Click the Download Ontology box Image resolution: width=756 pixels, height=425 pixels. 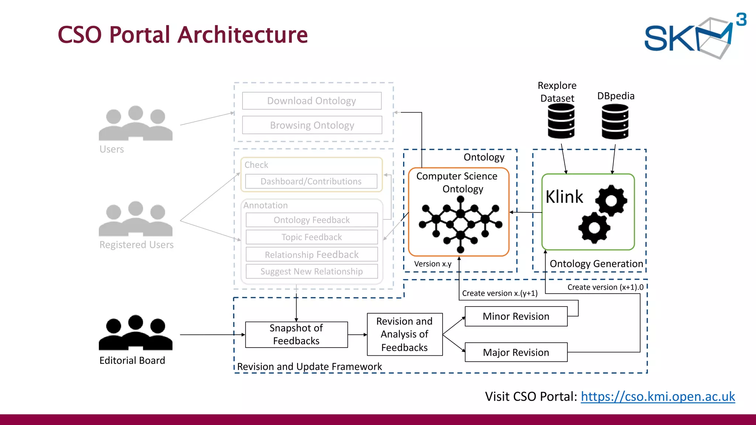click(312, 101)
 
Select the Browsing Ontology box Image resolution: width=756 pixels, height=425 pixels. click(312, 125)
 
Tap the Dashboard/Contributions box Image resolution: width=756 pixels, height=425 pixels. click(311, 181)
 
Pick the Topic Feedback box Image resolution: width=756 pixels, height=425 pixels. click(312, 237)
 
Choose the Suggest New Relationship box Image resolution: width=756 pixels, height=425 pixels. click(312, 271)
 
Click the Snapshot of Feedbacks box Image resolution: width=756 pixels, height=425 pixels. click(296, 334)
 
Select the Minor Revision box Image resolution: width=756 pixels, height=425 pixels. click(516, 316)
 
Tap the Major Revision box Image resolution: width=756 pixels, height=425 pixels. click(516, 352)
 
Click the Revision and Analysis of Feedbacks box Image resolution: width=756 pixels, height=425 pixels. click(405, 334)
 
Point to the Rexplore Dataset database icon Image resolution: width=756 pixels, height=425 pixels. click(561, 121)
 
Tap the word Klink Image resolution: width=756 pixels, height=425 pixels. click(564, 197)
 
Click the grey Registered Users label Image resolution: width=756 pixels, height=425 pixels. click(136, 245)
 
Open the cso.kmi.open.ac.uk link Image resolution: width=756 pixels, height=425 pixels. click(658, 396)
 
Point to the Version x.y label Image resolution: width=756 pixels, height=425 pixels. click(433, 264)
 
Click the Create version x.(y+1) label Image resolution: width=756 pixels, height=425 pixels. click(499, 293)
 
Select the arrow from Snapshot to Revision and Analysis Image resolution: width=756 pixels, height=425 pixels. click(357, 335)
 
